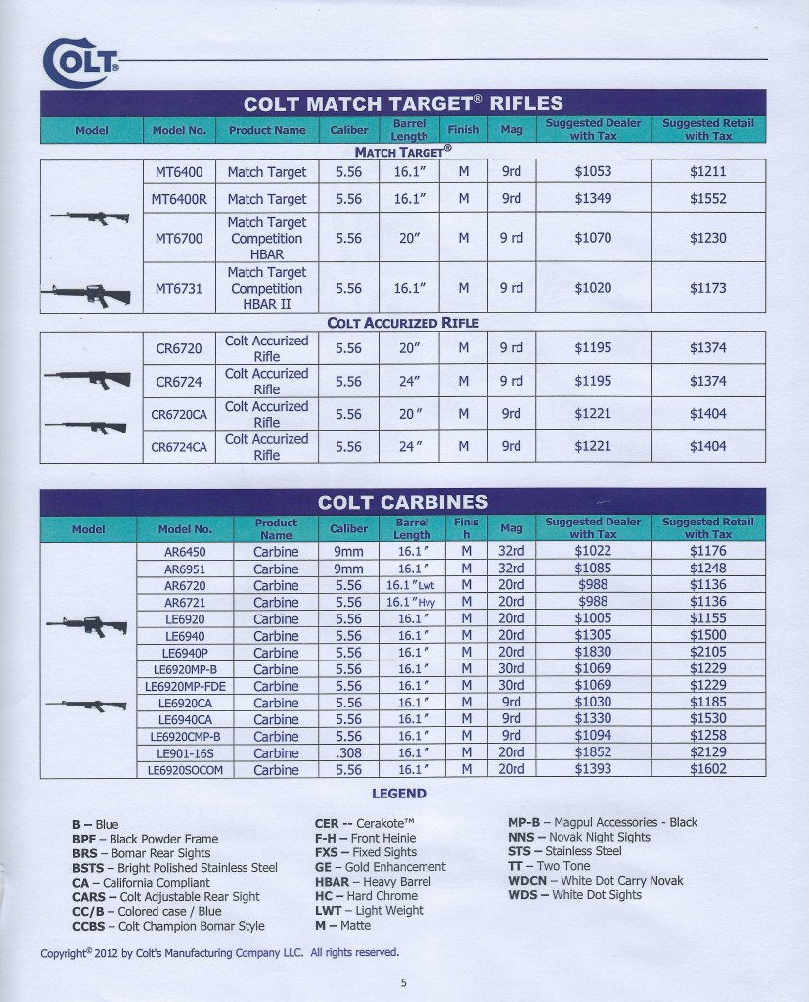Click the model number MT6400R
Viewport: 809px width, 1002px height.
(x=179, y=199)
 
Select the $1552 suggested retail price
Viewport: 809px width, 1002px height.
(x=707, y=199)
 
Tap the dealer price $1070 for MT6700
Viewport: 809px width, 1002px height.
(x=592, y=238)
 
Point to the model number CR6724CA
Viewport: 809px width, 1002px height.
(x=179, y=447)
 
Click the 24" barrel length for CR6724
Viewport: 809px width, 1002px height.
(x=409, y=381)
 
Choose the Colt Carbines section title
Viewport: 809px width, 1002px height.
(x=402, y=503)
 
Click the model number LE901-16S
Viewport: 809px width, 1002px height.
(x=183, y=752)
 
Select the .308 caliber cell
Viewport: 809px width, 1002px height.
(x=348, y=752)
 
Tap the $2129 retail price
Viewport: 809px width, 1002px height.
(x=707, y=752)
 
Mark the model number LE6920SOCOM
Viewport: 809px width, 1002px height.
(x=185, y=770)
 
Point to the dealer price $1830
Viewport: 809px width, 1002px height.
(x=593, y=653)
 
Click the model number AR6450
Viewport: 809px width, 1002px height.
(x=184, y=552)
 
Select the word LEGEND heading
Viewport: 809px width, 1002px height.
(x=399, y=794)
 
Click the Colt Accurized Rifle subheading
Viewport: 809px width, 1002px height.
(x=402, y=323)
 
